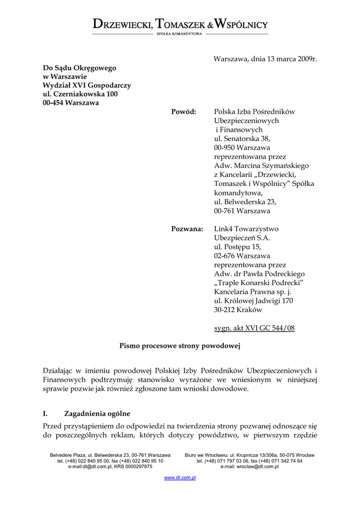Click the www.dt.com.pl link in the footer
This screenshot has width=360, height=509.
pos(180,478)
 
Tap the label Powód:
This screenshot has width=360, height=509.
pos(183,112)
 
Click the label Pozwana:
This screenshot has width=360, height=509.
pos(187,229)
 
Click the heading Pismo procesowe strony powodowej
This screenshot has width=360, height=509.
pos(180,346)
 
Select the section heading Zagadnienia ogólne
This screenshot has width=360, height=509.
pos(97,413)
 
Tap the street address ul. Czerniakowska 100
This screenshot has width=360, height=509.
pos(80,94)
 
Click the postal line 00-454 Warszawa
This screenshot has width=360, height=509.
pos(71,103)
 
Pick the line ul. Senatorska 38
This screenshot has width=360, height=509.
pos(242,139)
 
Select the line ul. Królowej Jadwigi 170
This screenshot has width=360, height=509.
pos(253,301)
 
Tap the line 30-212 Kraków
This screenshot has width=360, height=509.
pos(238,310)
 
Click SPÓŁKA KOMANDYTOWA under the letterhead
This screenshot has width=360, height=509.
pos(180,34)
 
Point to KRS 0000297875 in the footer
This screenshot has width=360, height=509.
pos(133,467)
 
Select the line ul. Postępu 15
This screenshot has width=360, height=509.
pos(237,247)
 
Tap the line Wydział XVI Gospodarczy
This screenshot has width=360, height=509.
pos(87,85)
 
